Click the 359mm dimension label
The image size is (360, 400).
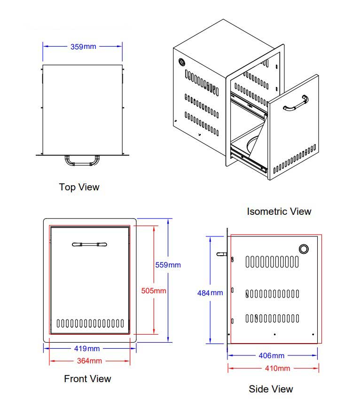83,47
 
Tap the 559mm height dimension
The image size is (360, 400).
168,265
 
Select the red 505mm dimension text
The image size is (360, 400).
154,290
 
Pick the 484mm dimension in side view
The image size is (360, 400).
210,293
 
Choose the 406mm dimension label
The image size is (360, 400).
271,355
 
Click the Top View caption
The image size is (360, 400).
79,187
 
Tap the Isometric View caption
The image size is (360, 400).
279,212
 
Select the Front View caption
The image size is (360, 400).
87,378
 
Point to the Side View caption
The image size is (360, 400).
271,389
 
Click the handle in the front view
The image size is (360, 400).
89,244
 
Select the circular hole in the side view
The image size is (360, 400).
304,249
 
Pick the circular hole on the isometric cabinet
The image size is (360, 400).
182,62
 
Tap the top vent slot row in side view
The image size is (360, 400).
272,262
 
